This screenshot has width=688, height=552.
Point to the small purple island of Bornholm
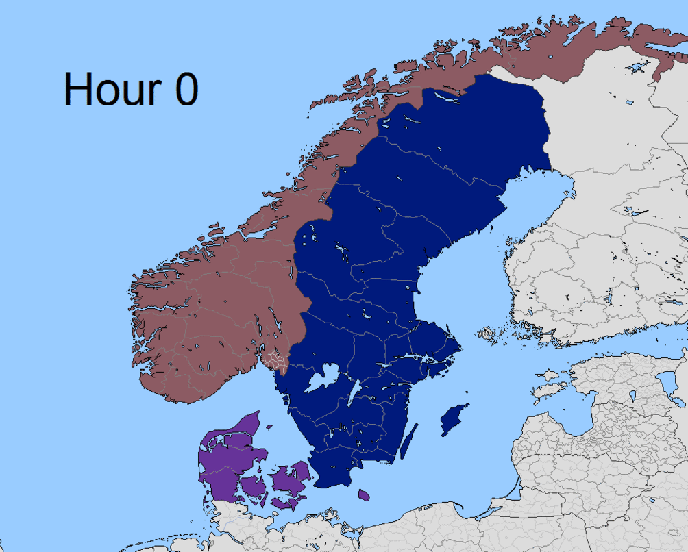coord(364,494)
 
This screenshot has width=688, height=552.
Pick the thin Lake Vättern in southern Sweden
coord(354,394)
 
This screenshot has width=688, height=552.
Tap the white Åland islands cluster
coord(487,334)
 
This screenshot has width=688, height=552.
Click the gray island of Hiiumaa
coord(550,375)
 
